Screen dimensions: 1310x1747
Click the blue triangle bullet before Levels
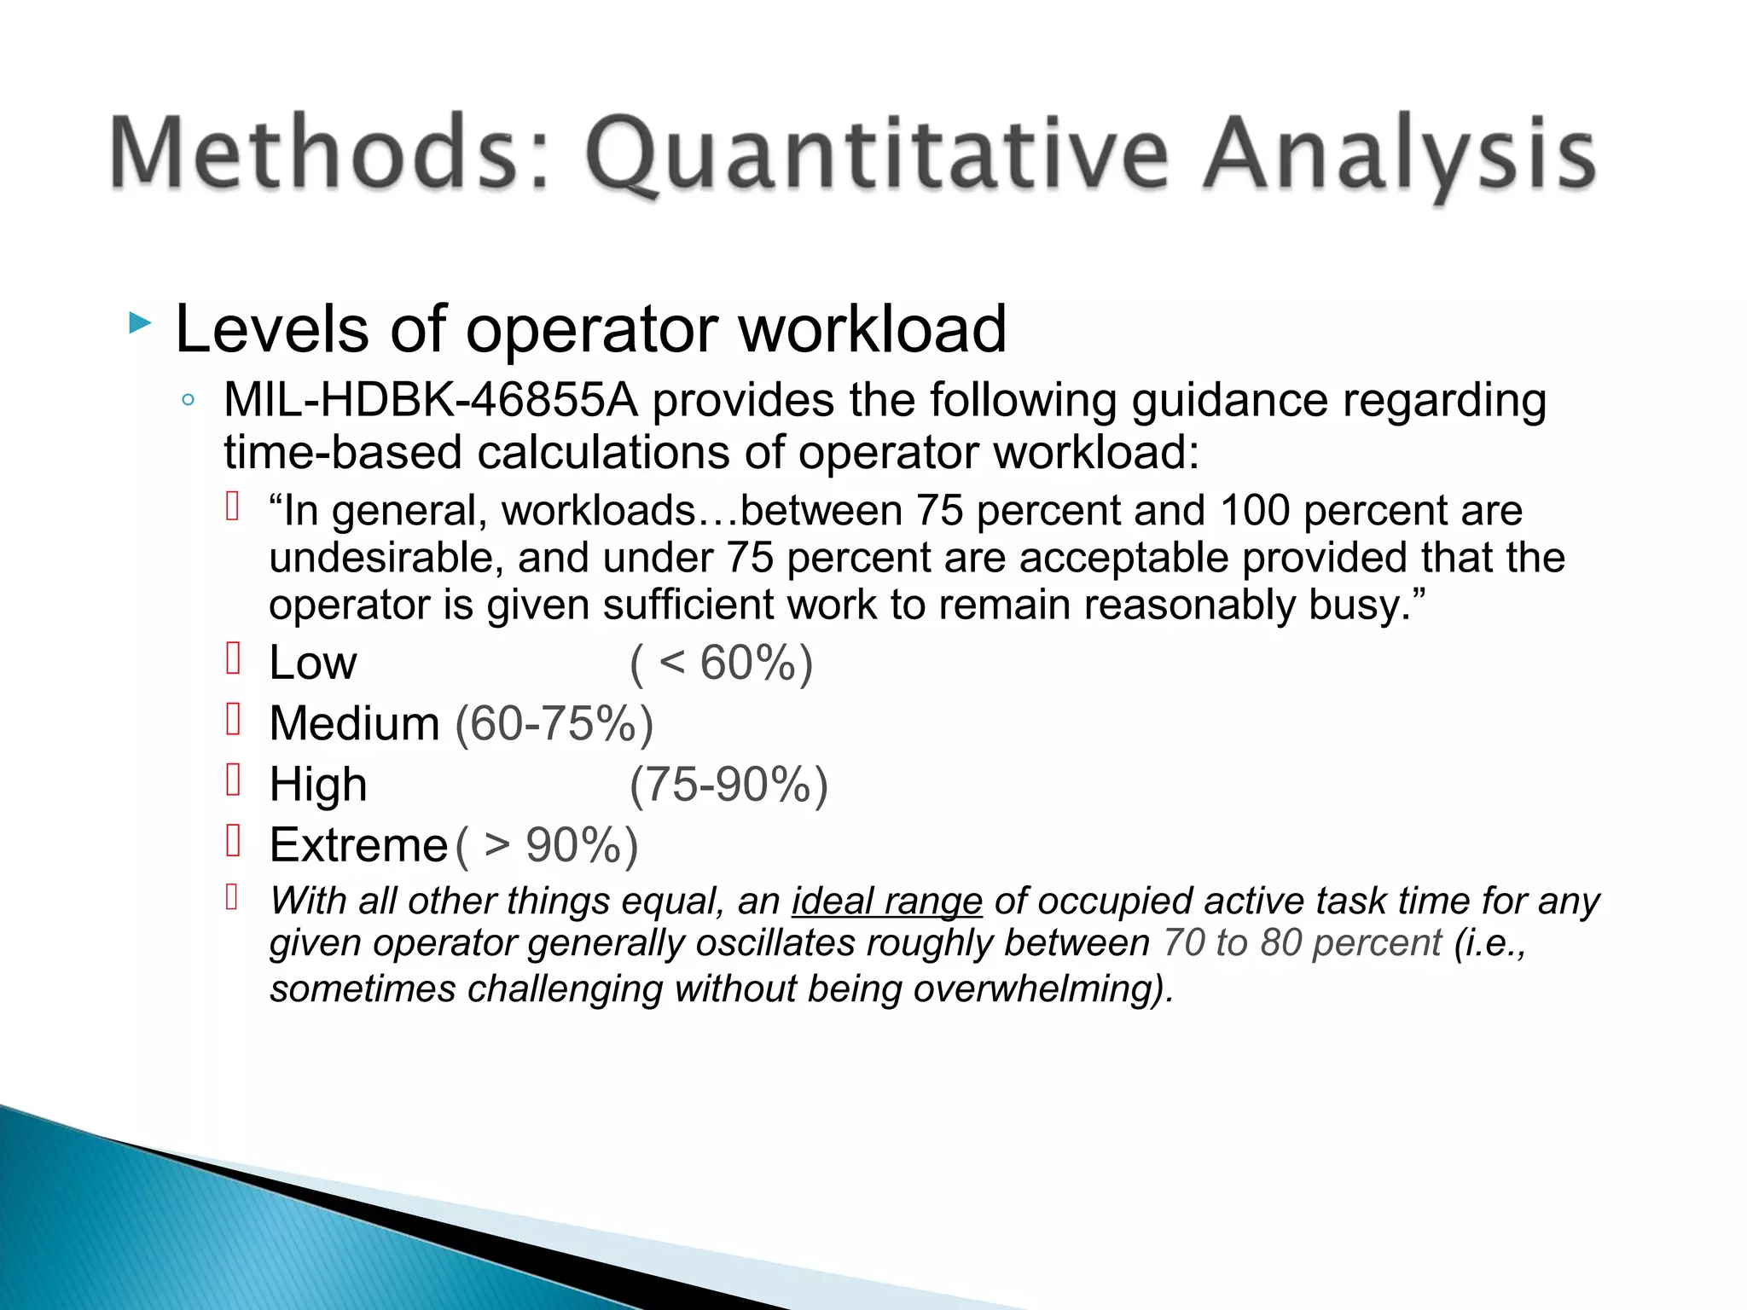coord(140,323)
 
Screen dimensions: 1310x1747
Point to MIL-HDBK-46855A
coord(431,400)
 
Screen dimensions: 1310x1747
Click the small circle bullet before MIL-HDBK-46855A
coord(189,400)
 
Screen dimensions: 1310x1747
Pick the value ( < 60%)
coord(722,663)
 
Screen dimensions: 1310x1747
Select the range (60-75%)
coord(554,723)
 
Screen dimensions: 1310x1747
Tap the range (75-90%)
coord(728,785)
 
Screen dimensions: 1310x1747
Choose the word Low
coord(312,663)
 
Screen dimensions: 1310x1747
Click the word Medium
coord(354,723)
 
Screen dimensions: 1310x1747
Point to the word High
coord(317,785)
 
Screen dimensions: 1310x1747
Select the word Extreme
coord(358,845)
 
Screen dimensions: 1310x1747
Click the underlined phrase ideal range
coord(887,901)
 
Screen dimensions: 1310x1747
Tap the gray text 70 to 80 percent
coord(1302,943)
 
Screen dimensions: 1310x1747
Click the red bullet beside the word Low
coord(233,658)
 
